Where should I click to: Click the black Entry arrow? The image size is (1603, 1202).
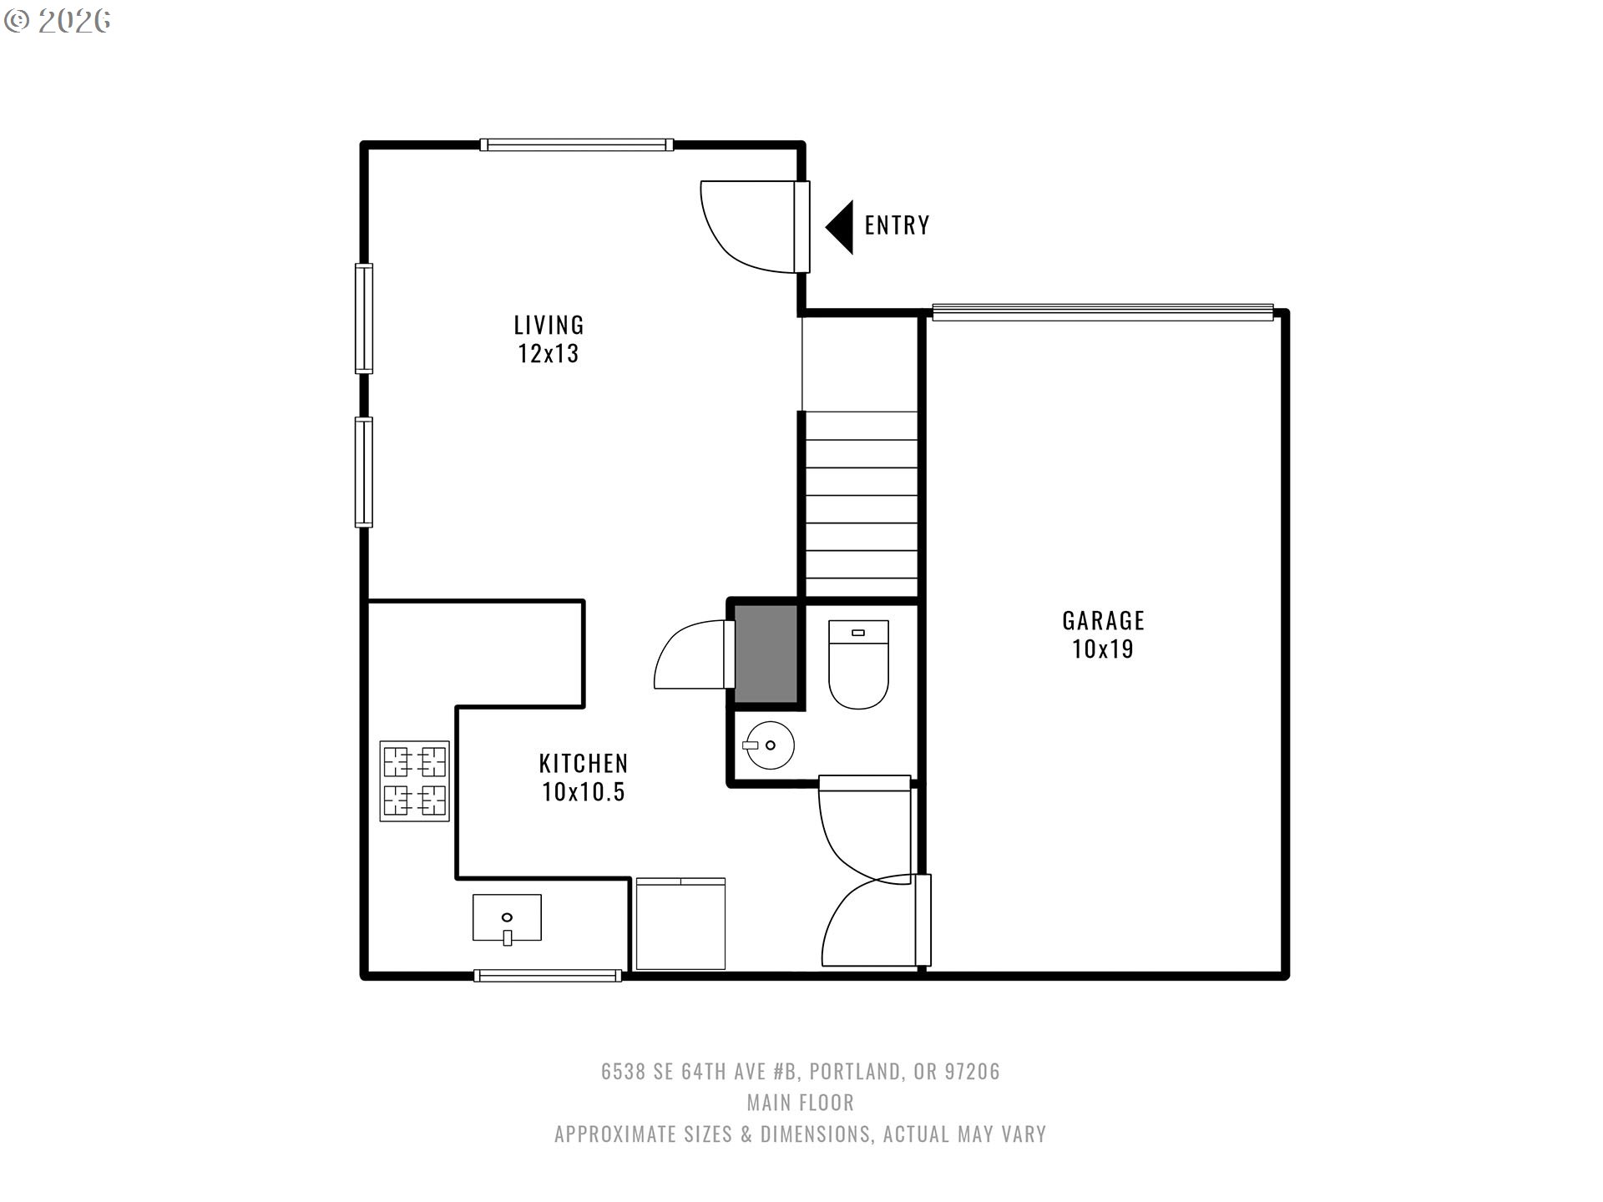840,227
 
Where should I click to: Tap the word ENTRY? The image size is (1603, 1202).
897,225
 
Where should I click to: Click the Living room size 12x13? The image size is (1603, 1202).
549,354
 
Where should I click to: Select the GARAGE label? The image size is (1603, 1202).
1103,620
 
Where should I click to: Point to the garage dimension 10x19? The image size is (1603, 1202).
1103,649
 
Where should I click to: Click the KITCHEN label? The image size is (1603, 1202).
583,763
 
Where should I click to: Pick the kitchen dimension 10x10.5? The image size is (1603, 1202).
583,792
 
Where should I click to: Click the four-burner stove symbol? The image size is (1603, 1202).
414,781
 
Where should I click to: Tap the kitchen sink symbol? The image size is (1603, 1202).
507,918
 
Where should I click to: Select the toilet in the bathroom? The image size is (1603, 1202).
858,664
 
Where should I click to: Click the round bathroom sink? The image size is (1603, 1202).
768,745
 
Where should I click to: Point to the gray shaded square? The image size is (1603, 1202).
765,654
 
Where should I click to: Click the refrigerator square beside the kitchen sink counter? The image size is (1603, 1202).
680,923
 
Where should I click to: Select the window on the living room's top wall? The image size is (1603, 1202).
576,145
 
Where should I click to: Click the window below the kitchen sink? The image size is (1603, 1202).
548,975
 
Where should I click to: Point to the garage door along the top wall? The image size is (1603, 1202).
1102,312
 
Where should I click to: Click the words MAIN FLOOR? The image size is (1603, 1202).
800,1103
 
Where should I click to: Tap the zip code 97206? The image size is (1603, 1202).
972,1072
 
